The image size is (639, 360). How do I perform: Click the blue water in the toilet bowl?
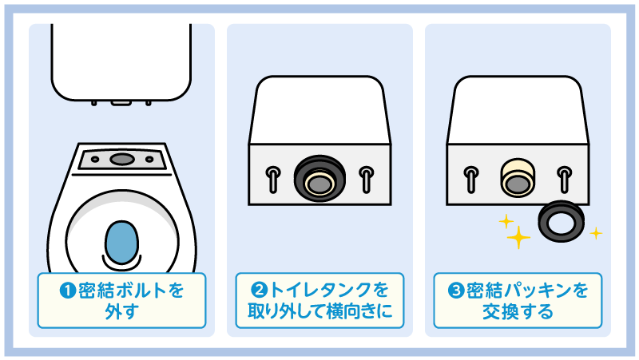(121, 243)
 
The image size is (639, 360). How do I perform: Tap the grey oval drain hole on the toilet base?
(122, 159)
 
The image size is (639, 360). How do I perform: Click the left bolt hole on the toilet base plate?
(95, 159)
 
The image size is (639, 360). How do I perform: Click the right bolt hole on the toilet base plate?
(149, 159)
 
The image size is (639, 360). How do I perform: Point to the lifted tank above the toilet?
(121, 63)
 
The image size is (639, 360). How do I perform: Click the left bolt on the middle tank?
(273, 179)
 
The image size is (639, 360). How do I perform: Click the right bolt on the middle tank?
(367, 179)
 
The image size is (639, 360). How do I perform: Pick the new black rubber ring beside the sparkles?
(561, 221)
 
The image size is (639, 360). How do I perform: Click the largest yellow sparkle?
(518, 237)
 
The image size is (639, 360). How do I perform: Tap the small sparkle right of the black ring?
(596, 233)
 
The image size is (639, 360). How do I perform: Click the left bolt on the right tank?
(471, 179)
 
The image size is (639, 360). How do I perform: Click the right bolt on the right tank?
(565, 179)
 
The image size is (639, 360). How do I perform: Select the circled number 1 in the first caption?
(68, 291)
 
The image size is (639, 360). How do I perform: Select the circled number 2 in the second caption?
(259, 290)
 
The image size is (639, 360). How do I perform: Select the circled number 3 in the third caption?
(456, 291)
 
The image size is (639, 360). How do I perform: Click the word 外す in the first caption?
(121, 311)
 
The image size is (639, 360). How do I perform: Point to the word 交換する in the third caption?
(518, 311)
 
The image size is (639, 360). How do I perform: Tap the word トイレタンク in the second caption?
(321, 290)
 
